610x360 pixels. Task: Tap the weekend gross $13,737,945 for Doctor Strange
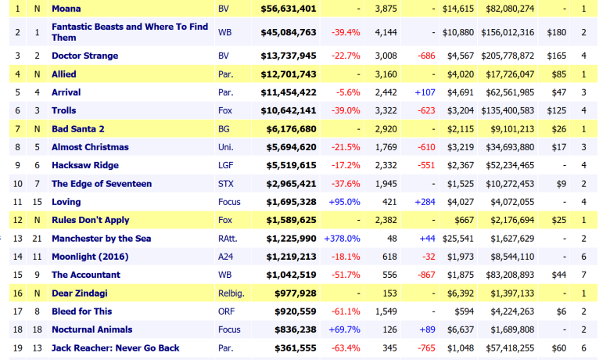[288, 56]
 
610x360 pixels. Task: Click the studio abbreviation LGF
[225, 165]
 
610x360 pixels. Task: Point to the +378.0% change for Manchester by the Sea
[342, 238]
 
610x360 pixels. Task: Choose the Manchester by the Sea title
[101, 238]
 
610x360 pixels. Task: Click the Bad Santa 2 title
[78, 128]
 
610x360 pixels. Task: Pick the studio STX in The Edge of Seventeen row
[225, 183]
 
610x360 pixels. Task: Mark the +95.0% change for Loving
[344, 202]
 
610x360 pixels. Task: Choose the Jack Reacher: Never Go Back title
[117, 347]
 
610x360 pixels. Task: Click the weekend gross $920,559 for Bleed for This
[291, 311]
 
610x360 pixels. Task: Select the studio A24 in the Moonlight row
[225, 257]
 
